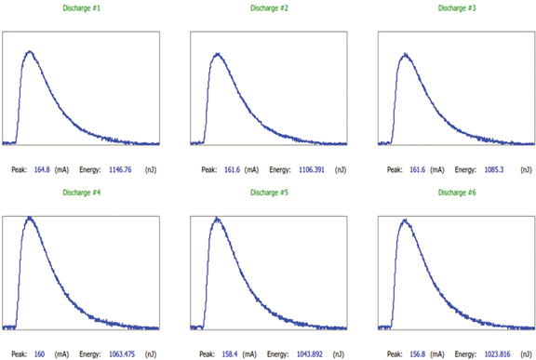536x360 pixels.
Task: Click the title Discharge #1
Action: pyautogui.click(x=82, y=7)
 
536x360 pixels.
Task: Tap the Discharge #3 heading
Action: pyautogui.click(x=457, y=7)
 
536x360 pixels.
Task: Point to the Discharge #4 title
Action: pyautogui.click(x=82, y=193)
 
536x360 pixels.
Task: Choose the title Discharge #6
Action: pyautogui.click(x=457, y=193)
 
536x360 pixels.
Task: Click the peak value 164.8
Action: pyautogui.click(x=43, y=170)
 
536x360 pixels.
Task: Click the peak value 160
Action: pyautogui.click(x=40, y=354)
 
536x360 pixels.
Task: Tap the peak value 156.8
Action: pyautogui.click(x=419, y=354)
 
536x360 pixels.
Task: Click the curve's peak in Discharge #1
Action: pyautogui.click(x=29, y=52)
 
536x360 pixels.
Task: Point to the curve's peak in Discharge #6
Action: pyautogui.click(x=405, y=221)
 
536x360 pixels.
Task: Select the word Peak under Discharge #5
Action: pyautogui.click(x=207, y=354)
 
